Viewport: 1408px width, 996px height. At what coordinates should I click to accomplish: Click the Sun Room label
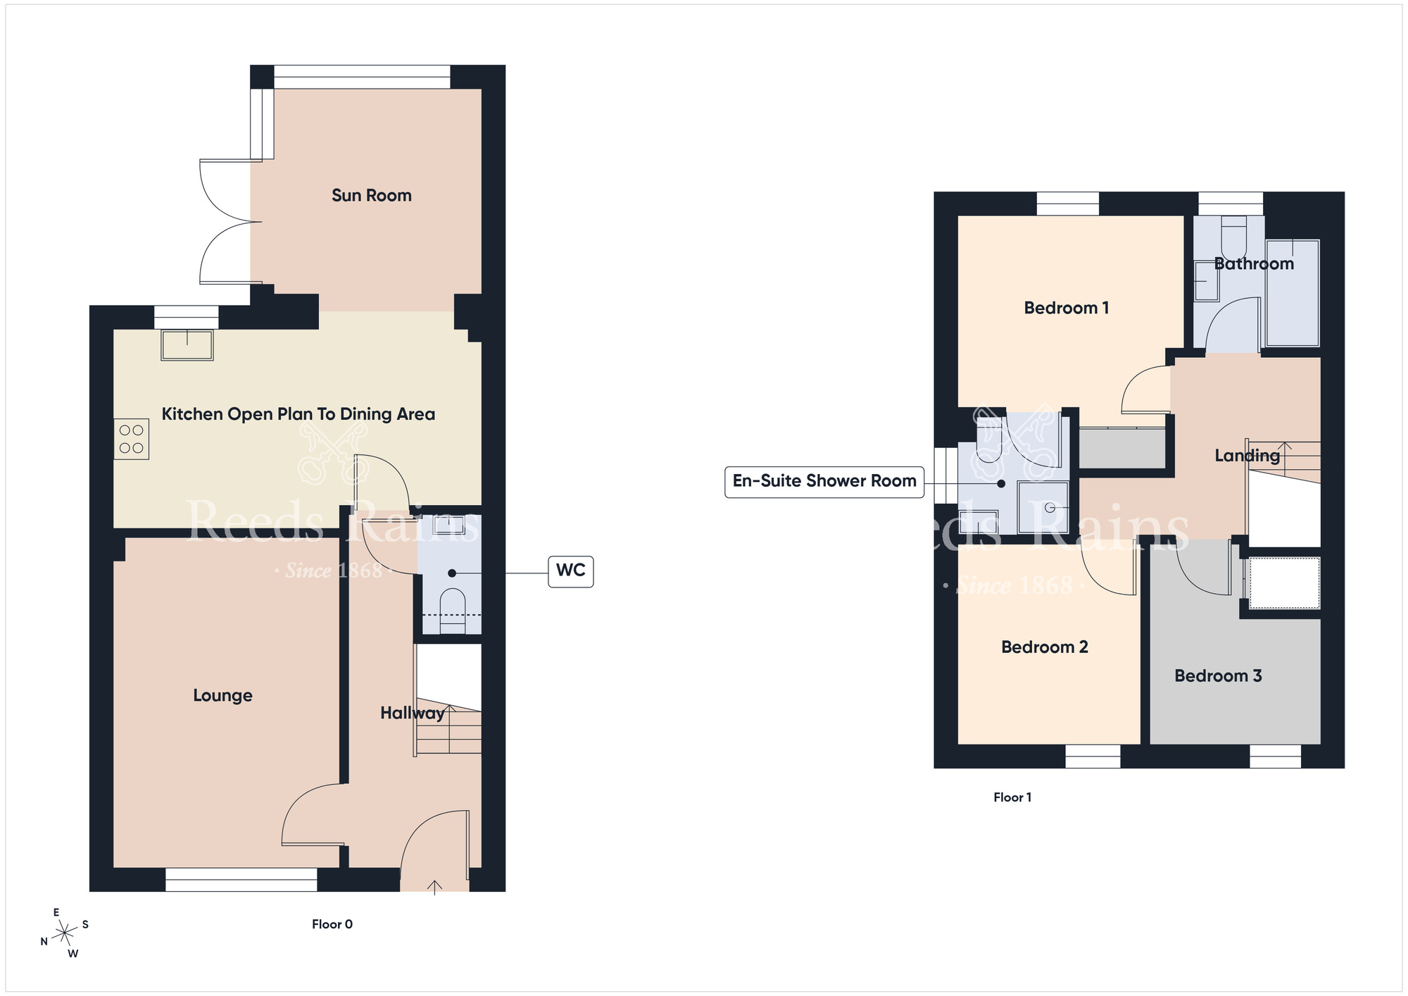(372, 195)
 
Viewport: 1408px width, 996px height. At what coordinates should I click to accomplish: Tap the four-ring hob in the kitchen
(132, 439)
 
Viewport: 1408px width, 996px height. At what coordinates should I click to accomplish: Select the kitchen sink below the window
(187, 345)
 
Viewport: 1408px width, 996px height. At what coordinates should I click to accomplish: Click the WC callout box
(571, 571)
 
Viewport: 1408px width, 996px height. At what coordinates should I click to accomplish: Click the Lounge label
(222, 695)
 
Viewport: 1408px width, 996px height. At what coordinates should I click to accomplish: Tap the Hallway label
(413, 713)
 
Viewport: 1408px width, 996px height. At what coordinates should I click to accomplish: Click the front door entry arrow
(435, 887)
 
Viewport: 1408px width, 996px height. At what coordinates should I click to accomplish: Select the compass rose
(64, 933)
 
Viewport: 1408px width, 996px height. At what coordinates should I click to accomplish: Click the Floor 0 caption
(332, 924)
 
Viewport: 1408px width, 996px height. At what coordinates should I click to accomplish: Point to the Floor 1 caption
(1012, 797)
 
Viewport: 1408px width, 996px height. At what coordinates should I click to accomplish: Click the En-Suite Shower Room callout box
(824, 482)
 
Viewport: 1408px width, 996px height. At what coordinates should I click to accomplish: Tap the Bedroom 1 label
(1067, 308)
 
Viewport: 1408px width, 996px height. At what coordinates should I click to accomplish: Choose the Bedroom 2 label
(1045, 647)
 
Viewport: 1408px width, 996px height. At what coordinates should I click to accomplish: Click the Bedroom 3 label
(1218, 676)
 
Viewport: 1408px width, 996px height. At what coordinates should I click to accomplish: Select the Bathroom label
(1254, 263)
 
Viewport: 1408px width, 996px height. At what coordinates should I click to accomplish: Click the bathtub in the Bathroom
(1293, 293)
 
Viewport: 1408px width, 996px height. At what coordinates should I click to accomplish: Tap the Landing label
(1247, 456)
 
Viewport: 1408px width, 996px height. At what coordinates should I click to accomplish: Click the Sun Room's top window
(362, 77)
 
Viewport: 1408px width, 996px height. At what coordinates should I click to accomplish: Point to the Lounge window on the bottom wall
(241, 880)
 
